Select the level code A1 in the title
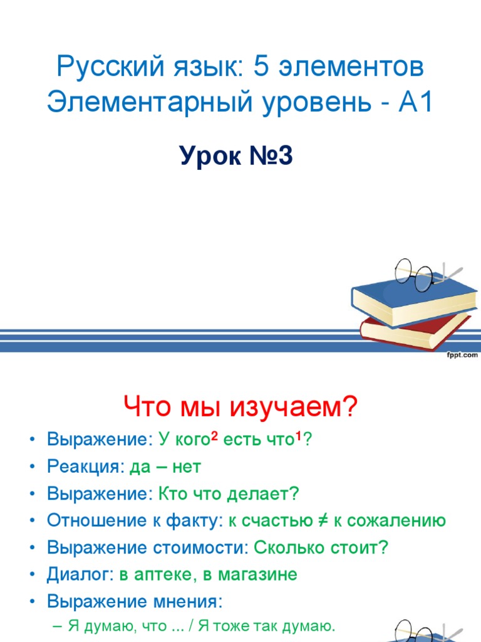coord(415,102)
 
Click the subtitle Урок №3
coord(236,156)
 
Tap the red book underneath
coord(413,331)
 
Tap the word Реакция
coord(85,467)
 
